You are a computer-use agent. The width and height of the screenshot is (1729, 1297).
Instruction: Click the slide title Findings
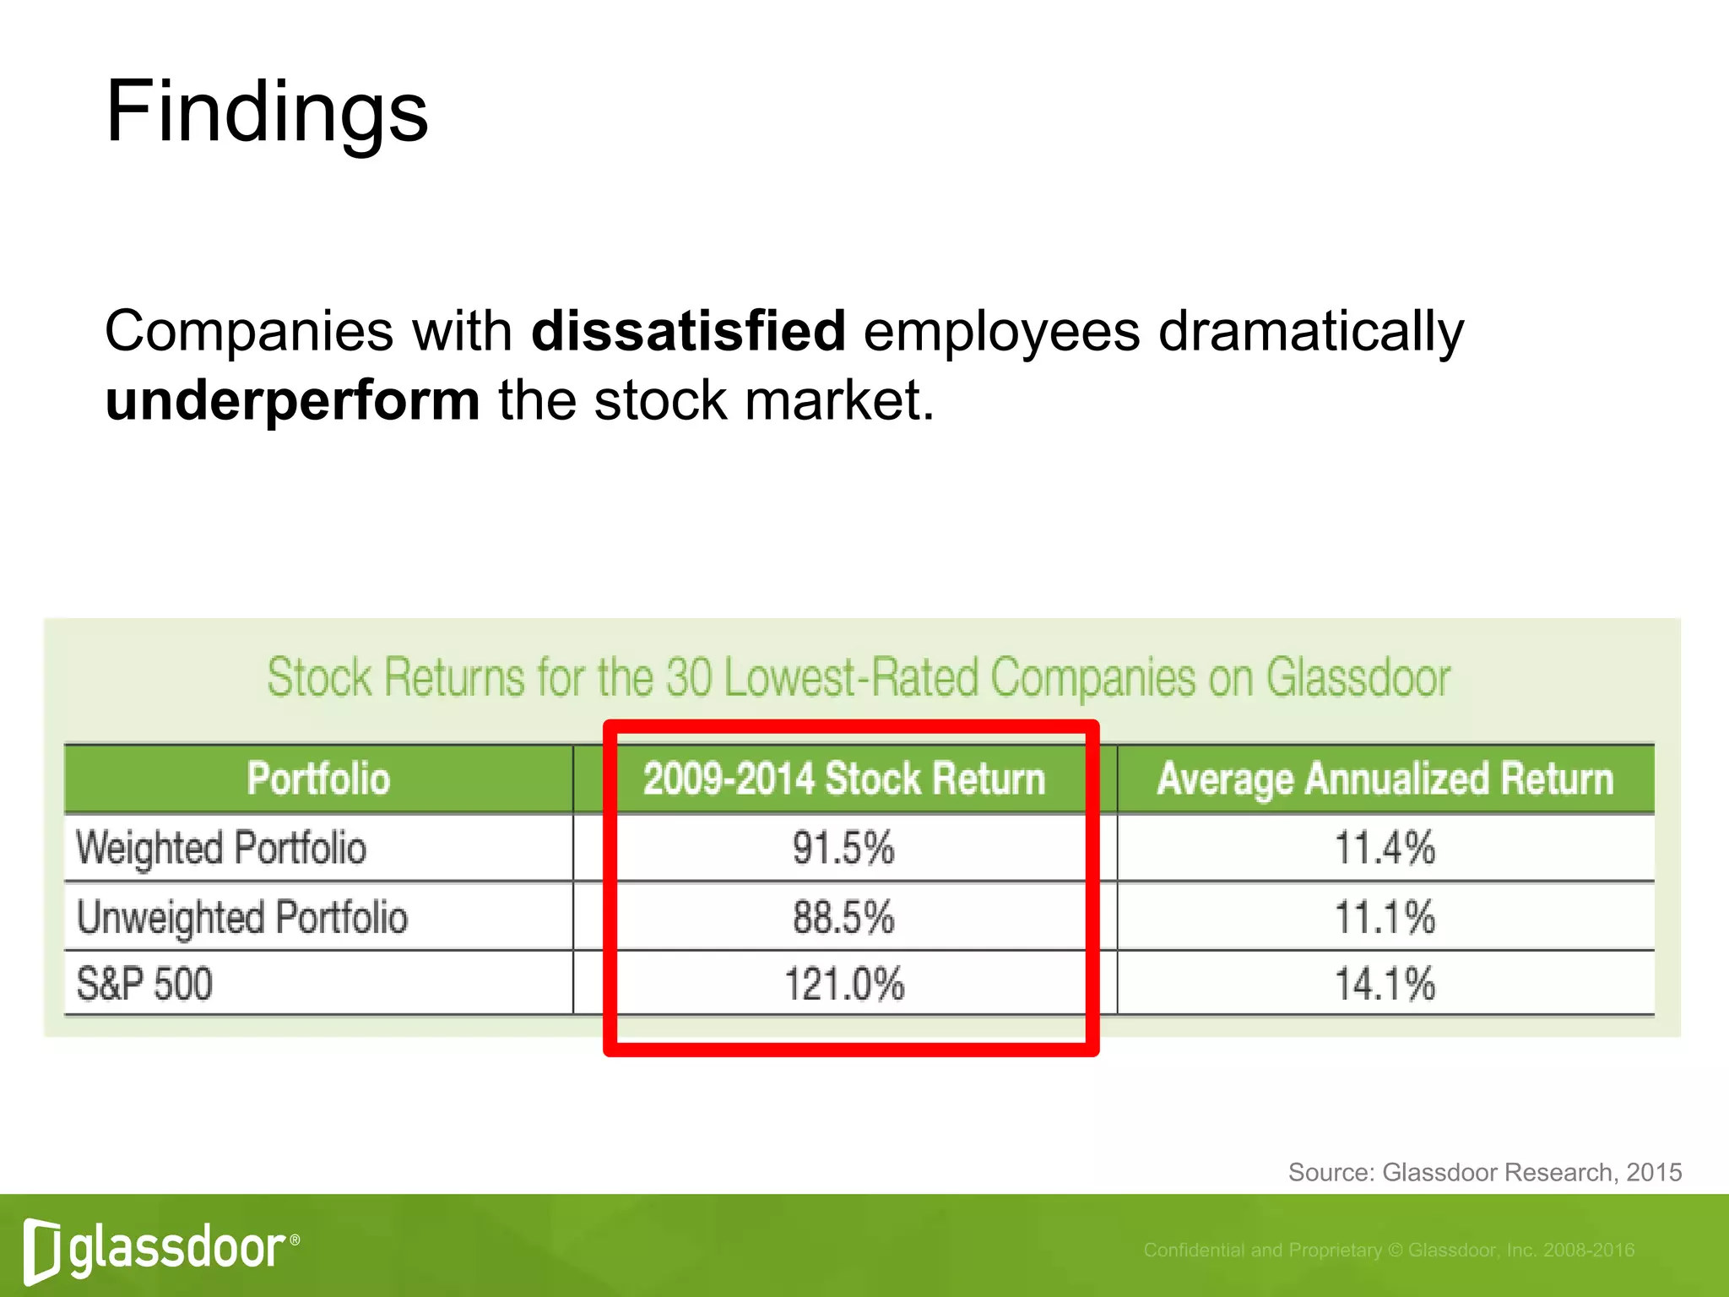click(267, 112)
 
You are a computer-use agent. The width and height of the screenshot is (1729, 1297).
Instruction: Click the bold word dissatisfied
click(688, 330)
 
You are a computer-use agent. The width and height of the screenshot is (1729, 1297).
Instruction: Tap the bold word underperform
click(292, 399)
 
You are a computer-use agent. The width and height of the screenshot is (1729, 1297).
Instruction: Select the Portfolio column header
click(318, 779)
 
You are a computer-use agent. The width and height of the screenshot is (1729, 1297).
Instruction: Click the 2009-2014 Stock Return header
click(844, 779)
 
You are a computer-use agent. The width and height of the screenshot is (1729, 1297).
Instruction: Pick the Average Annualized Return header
click(1385, 779)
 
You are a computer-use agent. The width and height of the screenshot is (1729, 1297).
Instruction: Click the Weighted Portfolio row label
click(221, 848)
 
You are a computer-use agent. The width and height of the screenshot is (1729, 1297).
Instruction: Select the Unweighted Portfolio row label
click(242, 917)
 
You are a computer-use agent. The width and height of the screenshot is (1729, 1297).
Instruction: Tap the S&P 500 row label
click(144, 985)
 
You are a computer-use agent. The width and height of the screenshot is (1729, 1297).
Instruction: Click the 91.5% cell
click(843, 848)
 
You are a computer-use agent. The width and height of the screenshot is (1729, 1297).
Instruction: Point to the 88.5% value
click(843, 917)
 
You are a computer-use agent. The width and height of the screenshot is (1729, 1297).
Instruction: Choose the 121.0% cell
click(844, 985)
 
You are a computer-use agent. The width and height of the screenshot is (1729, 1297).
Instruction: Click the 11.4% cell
click(1385, 848)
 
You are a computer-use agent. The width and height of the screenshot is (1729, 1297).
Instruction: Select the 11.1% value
click(1385, 917)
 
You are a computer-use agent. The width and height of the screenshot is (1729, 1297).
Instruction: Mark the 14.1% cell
click(1385, 985)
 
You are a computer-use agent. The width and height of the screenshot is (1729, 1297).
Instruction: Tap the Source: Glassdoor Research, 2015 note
click(1484, 1172)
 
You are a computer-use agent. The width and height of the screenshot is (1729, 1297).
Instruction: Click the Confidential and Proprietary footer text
click(1389, 1250)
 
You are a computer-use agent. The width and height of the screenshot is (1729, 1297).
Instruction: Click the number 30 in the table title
click(690, 677)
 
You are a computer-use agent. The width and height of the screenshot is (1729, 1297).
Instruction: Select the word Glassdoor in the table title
click(1358, 677)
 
